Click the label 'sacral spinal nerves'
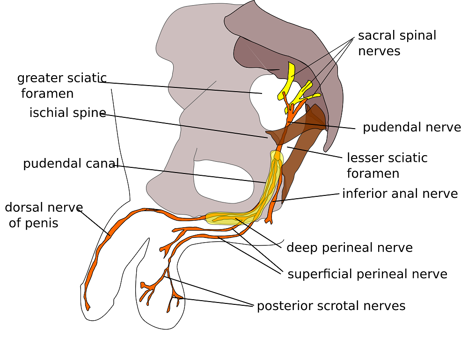pyautogui.click(x=397, y=43)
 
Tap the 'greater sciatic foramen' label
pyautogui.click(x=62, y=86)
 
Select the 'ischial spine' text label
pyautogui.click(x=68, y=113)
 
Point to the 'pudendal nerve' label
pyautogui.click(x=412, y=127)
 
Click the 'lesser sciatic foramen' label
pyautogui.click(x=387, y=166)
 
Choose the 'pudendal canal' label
pyautogui.click(x=71, y=164)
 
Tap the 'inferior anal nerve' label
pyautogui.click(x=400, y=194)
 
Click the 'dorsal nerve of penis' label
pyautogui.click(x=44, y=215)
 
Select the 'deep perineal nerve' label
pyautogui.click(x=350, y=247)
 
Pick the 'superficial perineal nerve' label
pyautogui.click(x=367, y=274)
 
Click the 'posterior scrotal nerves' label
pyautogui.click(x=331, y=306)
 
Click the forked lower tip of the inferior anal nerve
pyautogui.click(x=268, y=221)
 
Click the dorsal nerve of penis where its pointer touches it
pyautogui.click(x=110, y=235)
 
